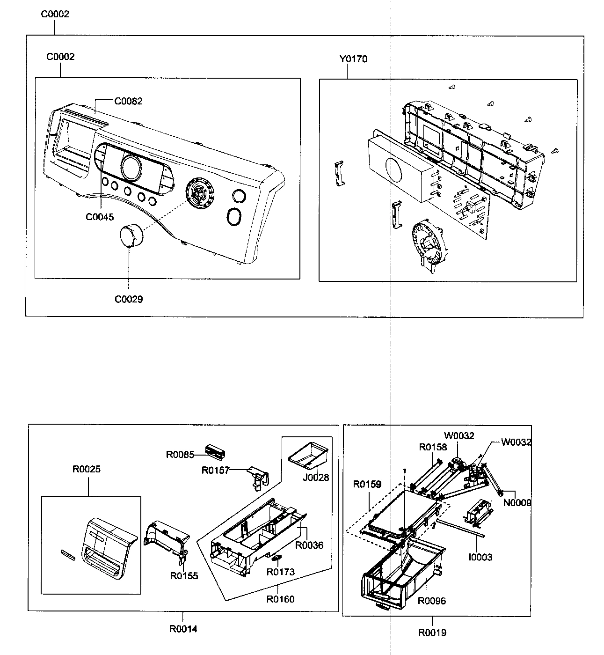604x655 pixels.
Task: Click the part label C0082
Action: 128,101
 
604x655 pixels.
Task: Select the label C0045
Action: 100,217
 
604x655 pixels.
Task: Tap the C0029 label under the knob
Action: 129,299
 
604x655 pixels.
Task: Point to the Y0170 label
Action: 353,59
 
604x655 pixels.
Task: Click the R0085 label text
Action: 180,454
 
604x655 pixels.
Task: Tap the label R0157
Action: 215,470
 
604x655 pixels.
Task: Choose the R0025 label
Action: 86,469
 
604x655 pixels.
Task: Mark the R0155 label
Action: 184,576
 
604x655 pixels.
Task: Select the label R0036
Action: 309,545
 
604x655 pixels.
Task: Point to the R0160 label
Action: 280,599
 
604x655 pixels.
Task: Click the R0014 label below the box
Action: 183,629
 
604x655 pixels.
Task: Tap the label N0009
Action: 517,503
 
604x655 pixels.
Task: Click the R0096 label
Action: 431,601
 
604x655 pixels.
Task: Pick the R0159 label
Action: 367,484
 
